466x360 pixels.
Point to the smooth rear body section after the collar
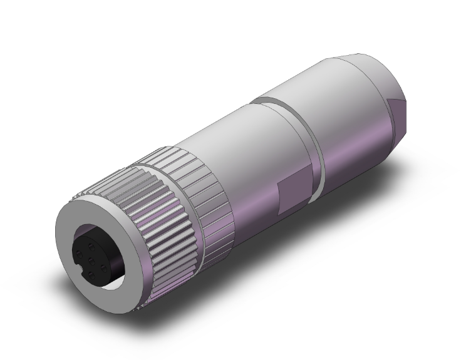coord(357,106)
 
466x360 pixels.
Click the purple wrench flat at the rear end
coord(398,113)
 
